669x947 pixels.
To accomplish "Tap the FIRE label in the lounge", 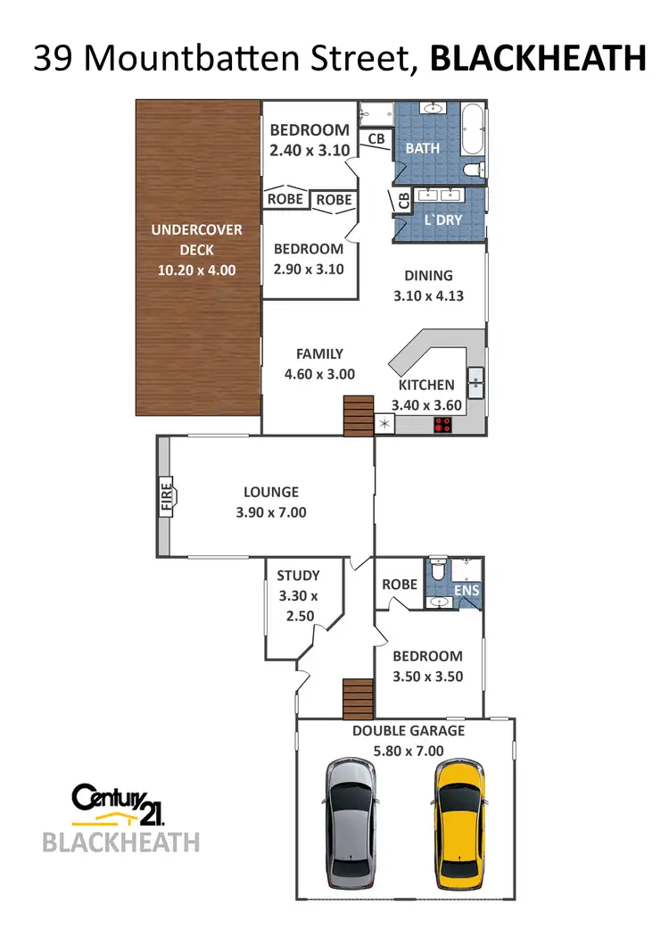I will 167,495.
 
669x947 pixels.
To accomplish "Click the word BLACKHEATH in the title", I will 538,58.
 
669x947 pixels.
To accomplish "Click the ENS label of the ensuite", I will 467,590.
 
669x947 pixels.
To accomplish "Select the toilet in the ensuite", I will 436,569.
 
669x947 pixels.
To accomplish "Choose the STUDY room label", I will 298,576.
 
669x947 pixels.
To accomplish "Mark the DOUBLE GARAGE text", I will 409,730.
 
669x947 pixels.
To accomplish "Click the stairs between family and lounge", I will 357,417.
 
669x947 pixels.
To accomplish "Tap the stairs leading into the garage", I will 357,698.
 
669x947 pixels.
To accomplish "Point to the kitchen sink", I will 475,382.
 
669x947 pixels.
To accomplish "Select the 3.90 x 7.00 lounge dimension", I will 271,512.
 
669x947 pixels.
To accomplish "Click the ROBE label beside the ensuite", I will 400,585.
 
